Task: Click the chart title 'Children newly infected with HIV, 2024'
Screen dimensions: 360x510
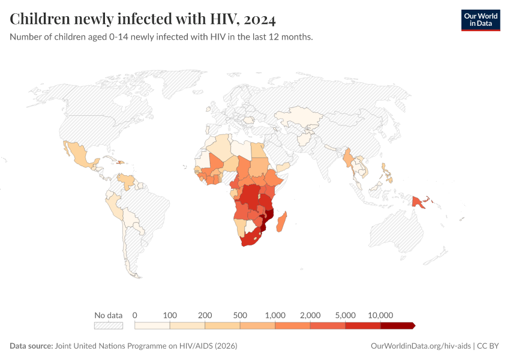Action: [x=143, y=19]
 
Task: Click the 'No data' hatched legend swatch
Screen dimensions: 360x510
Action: [x=108, y=326]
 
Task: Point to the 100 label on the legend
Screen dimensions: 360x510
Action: [x=170, y=315]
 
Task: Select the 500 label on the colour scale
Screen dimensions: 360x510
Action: [x=240, y=315]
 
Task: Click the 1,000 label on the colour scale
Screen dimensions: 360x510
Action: [x=275, y=315]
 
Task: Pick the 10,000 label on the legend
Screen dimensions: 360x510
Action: [x=380, y=315]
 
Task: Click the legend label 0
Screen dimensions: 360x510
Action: [x=135, y=315]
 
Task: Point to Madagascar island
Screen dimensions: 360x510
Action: [x=283, y=218]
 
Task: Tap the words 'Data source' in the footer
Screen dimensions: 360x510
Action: [x=31, y=346]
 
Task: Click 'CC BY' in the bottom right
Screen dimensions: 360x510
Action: [x=489, y=346]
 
